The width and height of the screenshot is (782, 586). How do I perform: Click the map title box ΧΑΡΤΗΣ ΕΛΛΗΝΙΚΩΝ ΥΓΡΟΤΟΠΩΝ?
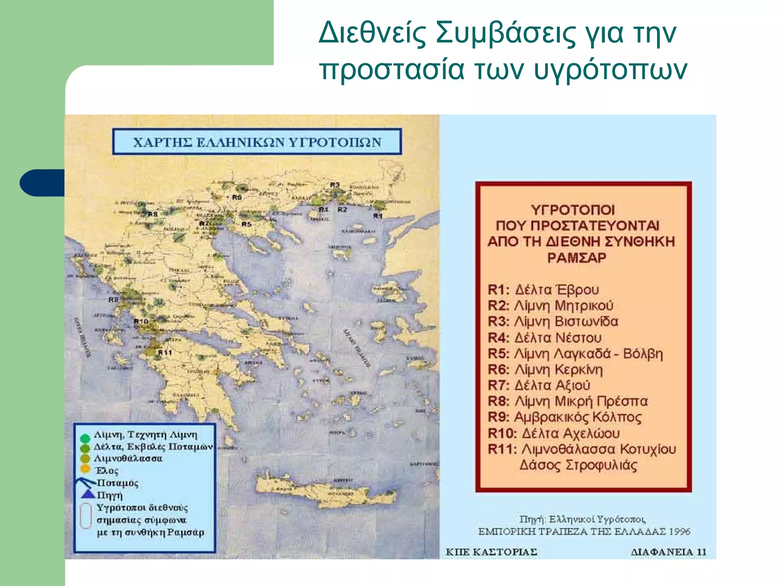point(257,142)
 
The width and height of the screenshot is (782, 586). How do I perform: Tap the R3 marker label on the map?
point(334,185)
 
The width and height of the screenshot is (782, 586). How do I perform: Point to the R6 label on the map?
point(237,197)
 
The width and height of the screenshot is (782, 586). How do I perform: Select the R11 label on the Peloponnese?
point(165,352)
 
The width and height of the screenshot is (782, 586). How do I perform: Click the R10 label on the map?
point(141,321)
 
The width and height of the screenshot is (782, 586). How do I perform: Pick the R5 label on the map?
point(246,224)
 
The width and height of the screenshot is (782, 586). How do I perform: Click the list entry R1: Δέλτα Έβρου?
point(543,290)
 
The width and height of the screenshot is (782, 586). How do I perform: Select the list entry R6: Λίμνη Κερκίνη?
point(545,370)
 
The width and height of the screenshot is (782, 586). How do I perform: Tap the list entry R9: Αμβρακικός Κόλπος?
point(564,417)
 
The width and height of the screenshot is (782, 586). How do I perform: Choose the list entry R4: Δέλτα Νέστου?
point(544,338)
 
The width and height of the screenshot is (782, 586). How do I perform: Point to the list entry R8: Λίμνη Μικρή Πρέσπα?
point(567,401)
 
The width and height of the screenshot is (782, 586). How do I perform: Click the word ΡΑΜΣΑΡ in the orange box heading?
point(577,258)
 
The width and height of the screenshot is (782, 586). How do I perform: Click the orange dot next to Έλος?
point(86,469)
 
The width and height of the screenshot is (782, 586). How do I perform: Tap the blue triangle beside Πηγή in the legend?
point(88,494)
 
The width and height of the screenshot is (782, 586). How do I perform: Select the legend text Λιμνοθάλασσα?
point(128,458)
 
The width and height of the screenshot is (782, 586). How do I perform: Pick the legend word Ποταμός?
point(117,483)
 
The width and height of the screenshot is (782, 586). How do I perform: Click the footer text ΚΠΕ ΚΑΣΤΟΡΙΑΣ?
point(491,552)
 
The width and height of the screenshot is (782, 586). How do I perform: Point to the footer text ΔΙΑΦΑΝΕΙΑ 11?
point(668,552)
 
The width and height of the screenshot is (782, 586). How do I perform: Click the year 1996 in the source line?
point(679,531)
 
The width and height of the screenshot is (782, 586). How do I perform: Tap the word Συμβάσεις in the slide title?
point(506,33)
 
